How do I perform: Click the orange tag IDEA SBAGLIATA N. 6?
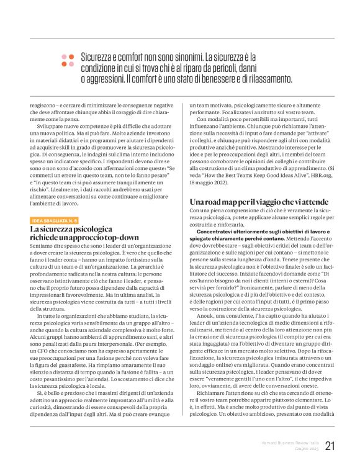point(55,220)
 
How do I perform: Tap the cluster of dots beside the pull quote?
point(67,60)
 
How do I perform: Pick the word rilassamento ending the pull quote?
point(261,79)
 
